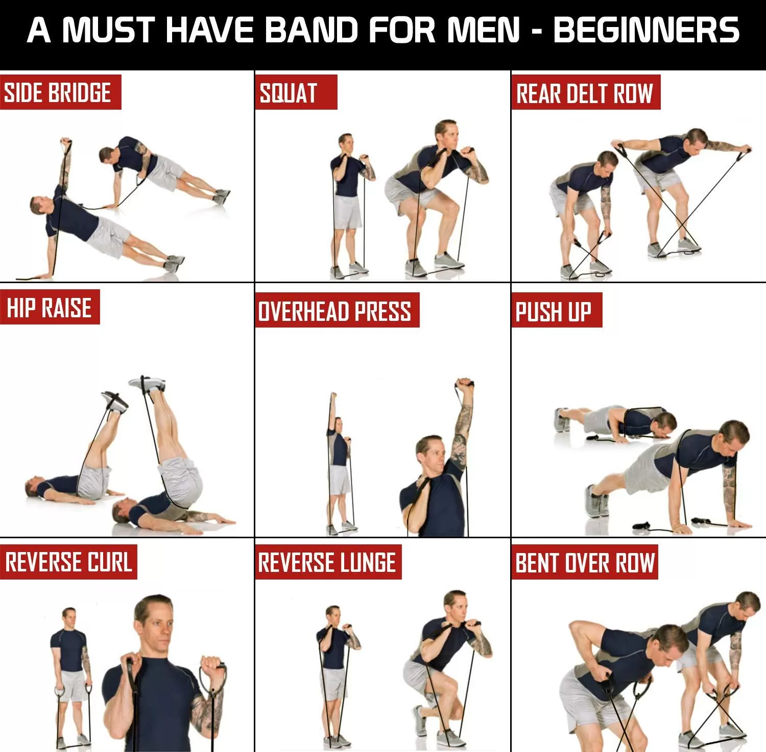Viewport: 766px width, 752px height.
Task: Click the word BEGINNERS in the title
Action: pos(646,30)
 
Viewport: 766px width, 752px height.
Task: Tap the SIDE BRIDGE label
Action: pos(58,92)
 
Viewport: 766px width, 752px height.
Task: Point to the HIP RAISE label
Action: pos(49,308)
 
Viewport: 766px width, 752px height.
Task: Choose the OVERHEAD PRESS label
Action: pos(335,311)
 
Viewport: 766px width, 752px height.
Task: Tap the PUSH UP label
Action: pos(554,311)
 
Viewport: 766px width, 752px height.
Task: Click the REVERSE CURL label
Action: pos(68,562)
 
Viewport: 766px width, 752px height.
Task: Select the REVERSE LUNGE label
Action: pos(327,562)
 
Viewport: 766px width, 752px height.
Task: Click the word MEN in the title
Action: pos(483,30)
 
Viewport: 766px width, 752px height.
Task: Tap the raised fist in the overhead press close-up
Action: pos(464,385)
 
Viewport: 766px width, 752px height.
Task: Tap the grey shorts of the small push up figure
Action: pos(597,419)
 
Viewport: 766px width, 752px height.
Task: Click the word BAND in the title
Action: pos(312,30)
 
